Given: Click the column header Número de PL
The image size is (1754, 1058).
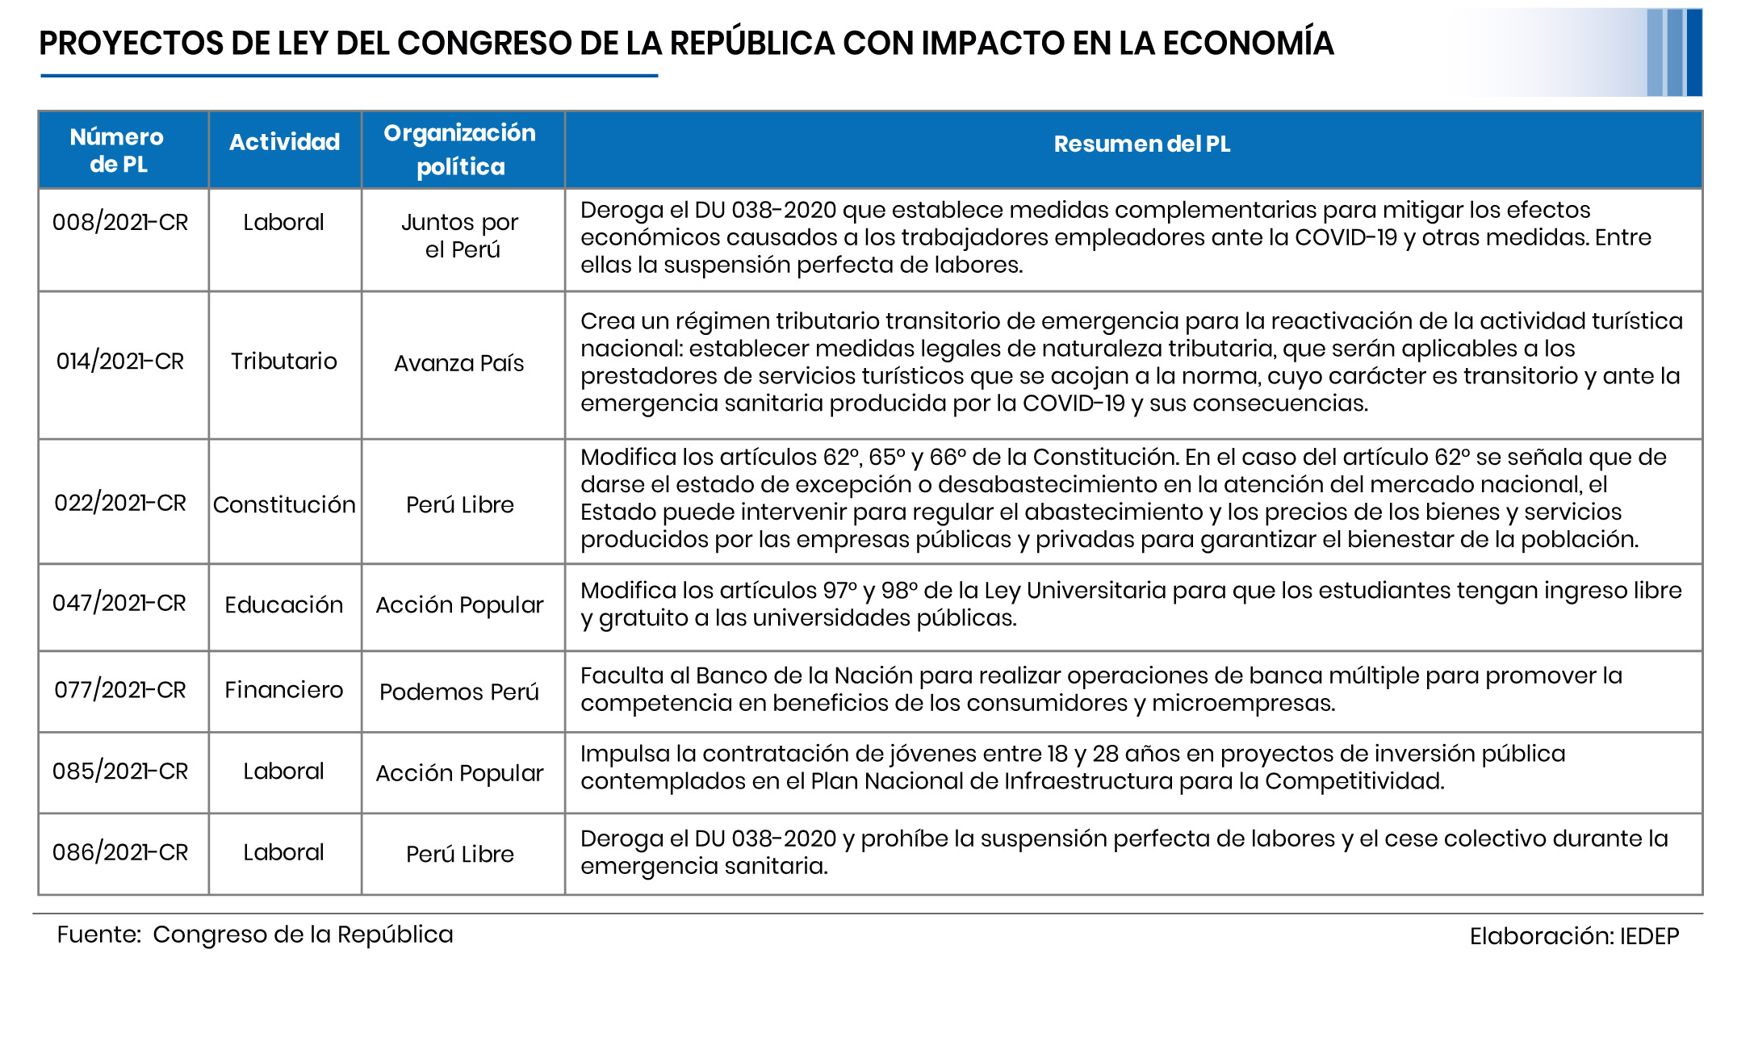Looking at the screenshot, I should (x=118, y=150).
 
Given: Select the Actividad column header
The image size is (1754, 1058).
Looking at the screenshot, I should (x=284, y=142).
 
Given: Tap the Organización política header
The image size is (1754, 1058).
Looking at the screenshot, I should (x=460, y=149).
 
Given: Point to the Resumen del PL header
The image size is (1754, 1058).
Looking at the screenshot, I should (x=1141, y=144).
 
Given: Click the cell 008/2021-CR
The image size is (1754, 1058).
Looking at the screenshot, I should (x=120, y=222).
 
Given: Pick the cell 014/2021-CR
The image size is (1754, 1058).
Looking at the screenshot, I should (x=120, y=361).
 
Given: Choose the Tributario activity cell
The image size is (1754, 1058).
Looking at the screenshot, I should (x=284, y=361).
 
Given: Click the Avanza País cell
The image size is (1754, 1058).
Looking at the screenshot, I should (x=459, y=363).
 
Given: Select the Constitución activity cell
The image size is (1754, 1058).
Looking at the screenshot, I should (x=284, y=504).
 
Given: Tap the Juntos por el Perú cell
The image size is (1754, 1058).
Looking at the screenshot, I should (x=461, y=236).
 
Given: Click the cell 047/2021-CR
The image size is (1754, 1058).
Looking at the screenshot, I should (x=119, y=603).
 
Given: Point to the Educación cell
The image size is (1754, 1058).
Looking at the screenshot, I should (x=284, y=604).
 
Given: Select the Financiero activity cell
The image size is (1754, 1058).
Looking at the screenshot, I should (x=284, y=690).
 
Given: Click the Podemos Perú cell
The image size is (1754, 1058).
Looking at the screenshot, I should (x=459, y=692).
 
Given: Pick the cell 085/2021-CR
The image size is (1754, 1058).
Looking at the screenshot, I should (x=120, y=771).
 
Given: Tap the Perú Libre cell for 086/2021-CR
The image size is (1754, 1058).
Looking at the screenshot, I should (x=460, y=854).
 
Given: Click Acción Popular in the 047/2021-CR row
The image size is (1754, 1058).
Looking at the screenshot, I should (x=460, y=604).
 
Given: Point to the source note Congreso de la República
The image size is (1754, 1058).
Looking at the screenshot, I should (x=303, y=935).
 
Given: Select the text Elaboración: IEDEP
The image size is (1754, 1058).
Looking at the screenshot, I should (x=1574, y=936).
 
